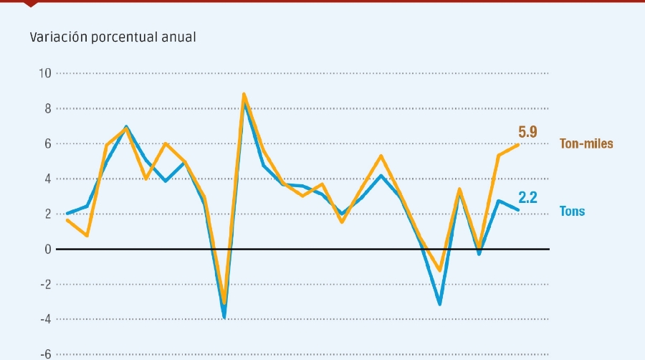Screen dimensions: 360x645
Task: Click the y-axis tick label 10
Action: pyautogui.click(x=44, y=73)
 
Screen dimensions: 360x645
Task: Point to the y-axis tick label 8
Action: pyautogui.click(x=47, y=108)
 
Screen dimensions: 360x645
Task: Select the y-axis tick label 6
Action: pyautogui.click(x=47, y=143)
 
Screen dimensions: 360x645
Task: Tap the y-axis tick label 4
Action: pyautogui.click(x=47, y=179)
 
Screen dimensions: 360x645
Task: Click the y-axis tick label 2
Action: pyautogui.click(x=47, y=214)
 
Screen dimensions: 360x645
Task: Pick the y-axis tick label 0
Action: pyautogui.click(x=47, y=249)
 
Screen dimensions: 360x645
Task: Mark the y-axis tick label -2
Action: pyautogui.click(x=45, y=284)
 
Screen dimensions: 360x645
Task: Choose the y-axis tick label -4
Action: pyautogui.click(x=45, y=319)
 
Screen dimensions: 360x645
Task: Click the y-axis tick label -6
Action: pyautogui.click(x=45, y=354)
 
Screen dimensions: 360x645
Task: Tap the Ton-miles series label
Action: pyautogui.click(x=586, y=143)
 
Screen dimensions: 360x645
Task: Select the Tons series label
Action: pyautogui.click(x=572, y=212)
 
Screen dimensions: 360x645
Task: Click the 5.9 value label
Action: pyautogui.click(x=527, y=132)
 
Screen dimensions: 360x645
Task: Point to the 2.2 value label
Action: pyautogui.click(x=527, y=197)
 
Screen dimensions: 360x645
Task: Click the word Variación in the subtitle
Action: pyautogui.click(x=59, y=37)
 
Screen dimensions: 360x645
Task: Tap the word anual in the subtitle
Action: pyautogui.click(x=179, y=37)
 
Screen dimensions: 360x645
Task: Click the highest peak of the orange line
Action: pyautogui.click(x=244, y=94)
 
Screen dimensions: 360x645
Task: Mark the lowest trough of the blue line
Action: pyautogui.click(x=224, y=317)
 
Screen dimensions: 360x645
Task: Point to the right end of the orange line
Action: pyautogui.click(x=518, y=145)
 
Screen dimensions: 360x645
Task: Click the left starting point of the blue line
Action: pyautogui.click(x=67, y=213)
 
